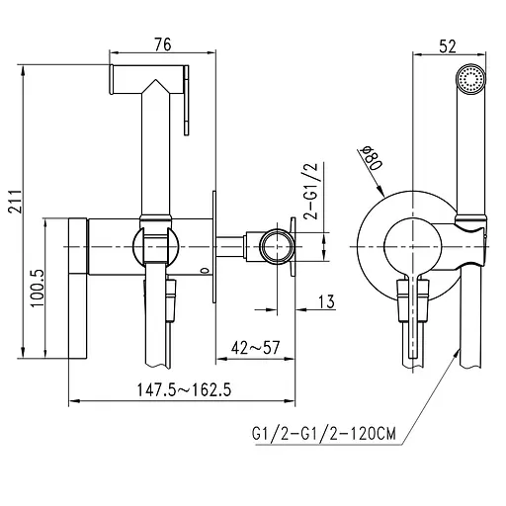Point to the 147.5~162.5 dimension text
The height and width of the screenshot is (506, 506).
tap(183, 388)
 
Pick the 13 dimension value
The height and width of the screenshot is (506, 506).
tap(324, 303)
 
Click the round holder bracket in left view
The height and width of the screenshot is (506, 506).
tap(153, 242)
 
